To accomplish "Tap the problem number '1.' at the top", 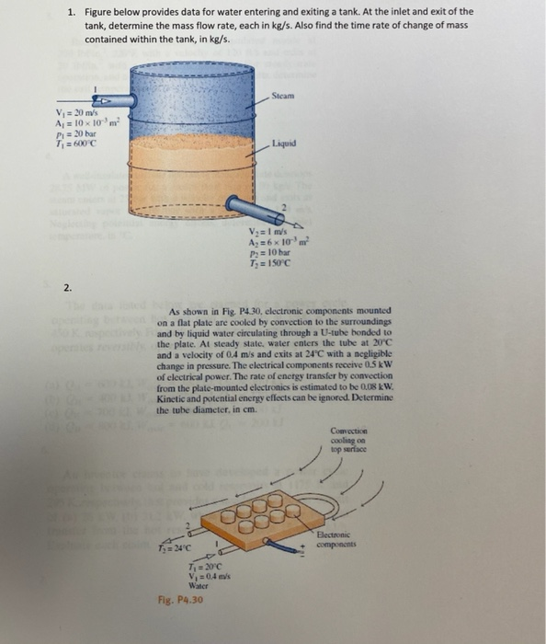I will point(71,12).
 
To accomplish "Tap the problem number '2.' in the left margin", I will point(68,288).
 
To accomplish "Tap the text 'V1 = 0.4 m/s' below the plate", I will point(200,576).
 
